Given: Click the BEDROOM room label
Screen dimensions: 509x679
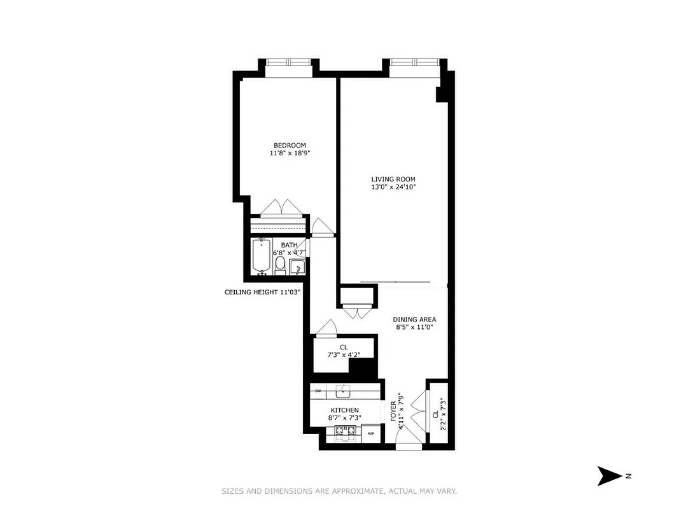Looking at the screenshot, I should [x=290, y=144].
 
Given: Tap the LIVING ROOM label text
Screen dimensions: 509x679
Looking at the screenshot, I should [x=393, y=179].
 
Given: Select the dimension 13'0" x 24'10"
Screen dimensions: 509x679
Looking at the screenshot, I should [x=393, y=187].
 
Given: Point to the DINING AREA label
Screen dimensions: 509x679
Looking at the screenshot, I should [x=414, y=319].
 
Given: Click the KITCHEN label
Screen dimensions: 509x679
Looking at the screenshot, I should [x=344, y=410].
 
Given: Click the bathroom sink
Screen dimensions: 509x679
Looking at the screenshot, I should [x=296, y=268].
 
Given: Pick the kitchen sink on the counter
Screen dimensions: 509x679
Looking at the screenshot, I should [x=344, y=391].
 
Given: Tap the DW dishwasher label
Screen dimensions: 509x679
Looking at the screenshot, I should [x=317, y=391].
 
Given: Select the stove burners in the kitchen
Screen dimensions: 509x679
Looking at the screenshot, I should [x=344, y=434].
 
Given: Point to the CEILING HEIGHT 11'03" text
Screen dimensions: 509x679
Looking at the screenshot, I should [x=262, y=292].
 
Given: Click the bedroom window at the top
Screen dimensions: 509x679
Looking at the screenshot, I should [x=288, y=62].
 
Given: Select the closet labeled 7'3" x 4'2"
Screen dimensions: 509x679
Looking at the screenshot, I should [x=344, y=351].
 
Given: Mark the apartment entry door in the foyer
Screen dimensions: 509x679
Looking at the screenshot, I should [x=409, y=445].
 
